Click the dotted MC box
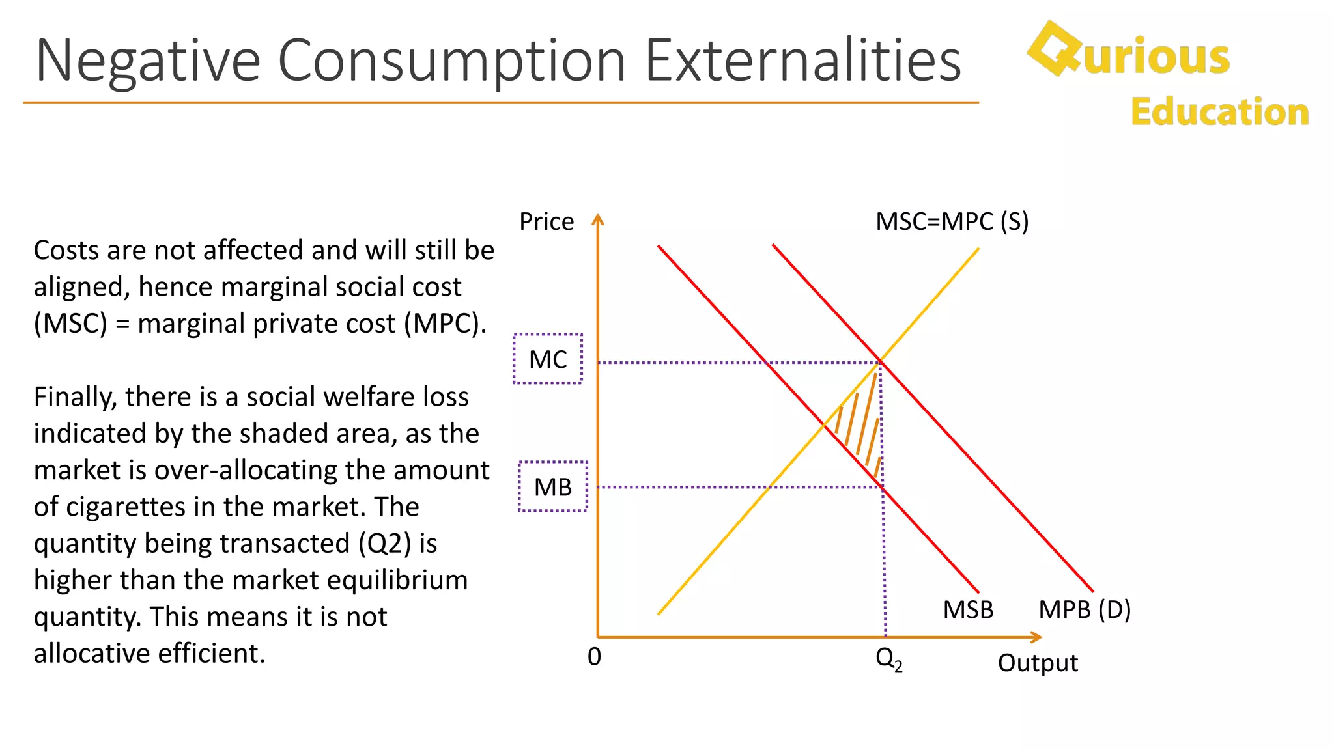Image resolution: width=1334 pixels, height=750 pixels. (548, 359)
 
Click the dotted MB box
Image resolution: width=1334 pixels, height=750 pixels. (553, 486)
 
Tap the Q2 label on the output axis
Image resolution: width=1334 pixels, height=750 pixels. (888, 659)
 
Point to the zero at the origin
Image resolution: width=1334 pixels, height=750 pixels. (594, 657)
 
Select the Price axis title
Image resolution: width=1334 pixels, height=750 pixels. (546, 222)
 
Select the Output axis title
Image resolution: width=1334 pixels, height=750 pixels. (1038, 663)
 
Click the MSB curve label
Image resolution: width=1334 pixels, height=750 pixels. (968, 610)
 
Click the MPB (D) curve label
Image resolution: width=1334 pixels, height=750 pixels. (1085, 610)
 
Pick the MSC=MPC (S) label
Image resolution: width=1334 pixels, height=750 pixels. (952, 222)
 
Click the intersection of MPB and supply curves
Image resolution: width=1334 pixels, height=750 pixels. (881, 362)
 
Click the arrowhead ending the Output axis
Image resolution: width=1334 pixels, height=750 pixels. (1036, 637)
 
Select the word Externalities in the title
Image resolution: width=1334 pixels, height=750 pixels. (802, 61)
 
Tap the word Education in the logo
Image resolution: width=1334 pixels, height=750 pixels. (1219, 112)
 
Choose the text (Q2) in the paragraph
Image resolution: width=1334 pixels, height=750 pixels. (385, 544)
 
